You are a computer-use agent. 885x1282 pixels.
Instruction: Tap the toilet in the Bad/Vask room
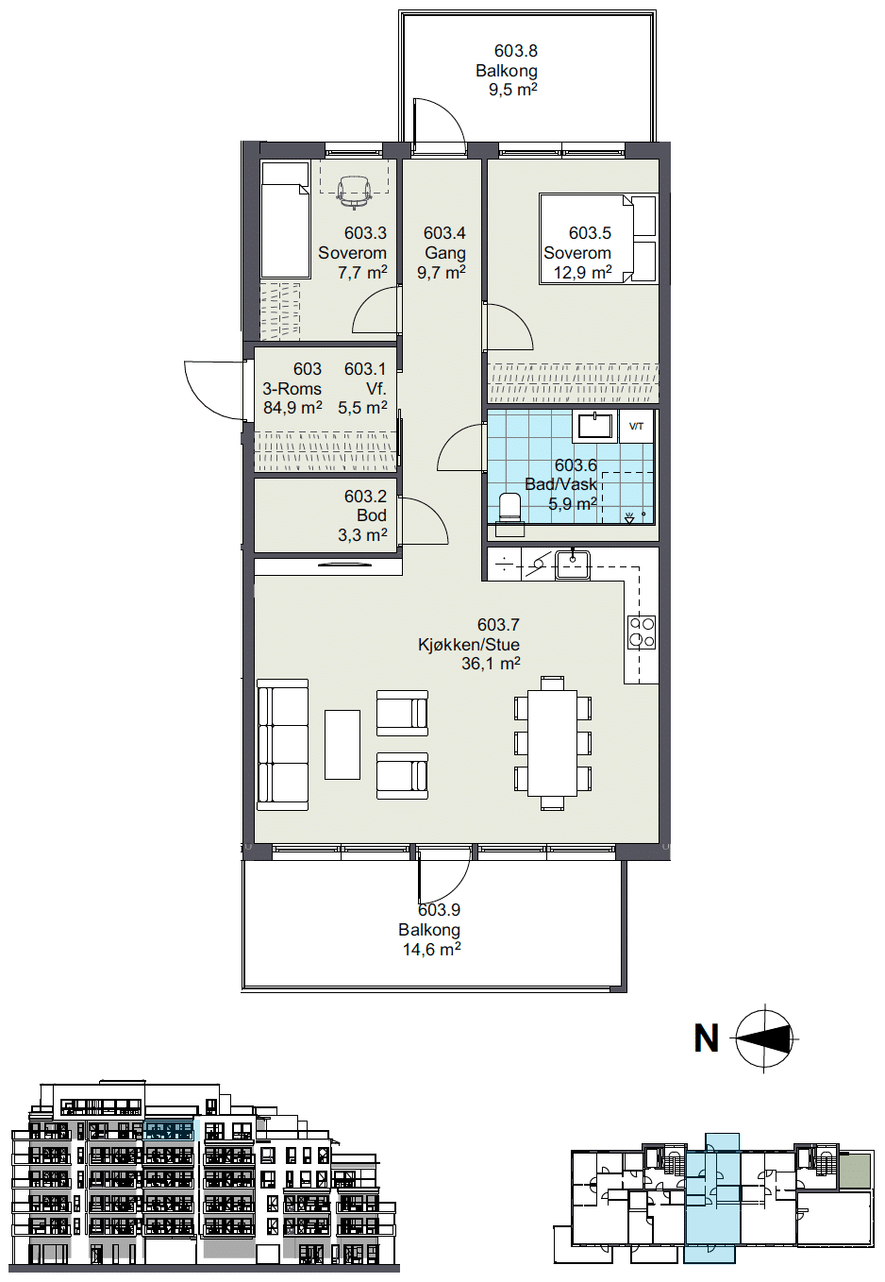point(509,514)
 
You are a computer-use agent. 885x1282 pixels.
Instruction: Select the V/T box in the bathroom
point(636,426)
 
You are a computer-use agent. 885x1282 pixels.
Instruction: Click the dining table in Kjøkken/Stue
point(552,742)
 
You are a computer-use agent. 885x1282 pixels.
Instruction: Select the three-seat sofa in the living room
point(283,744)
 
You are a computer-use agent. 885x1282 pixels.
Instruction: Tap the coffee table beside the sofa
point(342,745)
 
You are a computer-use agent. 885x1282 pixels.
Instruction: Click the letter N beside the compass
point(706,1037)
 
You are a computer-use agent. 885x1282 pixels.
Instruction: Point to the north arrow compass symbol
point(764,1038)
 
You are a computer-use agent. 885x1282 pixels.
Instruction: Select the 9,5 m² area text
point(512,90)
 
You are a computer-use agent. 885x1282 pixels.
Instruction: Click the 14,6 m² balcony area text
point(432,950)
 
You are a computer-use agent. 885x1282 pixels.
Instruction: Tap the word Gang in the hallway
point(444,252)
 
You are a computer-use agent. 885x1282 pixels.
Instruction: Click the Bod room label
point(372,515)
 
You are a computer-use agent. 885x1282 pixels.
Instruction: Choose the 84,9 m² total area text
point(292,408)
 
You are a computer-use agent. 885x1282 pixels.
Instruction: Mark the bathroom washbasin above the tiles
point(595,426)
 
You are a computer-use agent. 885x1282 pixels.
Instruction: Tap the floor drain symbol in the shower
point(630,516)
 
